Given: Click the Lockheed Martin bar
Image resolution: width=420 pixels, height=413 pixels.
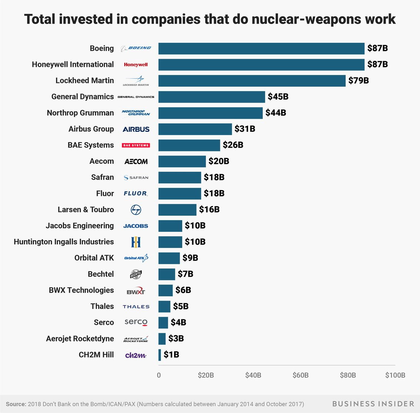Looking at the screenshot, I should pyautogui.click(x=252, y=80).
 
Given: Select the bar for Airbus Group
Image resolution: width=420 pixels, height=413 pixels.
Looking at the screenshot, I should pyautogui.click(x=195, y=129).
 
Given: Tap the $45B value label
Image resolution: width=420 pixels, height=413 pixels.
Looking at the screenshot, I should pyautogui.click(x=278, y=97).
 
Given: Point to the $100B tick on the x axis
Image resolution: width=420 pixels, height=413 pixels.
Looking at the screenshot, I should pyautogui.click(x=395, y=375).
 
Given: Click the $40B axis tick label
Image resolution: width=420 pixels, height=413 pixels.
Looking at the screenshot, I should pyautogui.click(x=253, y=375).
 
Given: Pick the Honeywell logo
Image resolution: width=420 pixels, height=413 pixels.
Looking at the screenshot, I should pyautogui.click(x=136, y=65).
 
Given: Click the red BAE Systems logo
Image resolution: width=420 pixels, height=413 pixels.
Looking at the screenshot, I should pyautogui.click(x=136, y=145).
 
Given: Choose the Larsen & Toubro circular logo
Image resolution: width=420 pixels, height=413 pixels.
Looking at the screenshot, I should pyautogui.click(x=136, y=210).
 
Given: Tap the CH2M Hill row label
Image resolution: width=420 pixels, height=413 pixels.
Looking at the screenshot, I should pyautogui.click(x=96, y=355).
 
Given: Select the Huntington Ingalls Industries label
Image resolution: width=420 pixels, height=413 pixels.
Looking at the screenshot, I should pyautogui.click(x=64, y=242).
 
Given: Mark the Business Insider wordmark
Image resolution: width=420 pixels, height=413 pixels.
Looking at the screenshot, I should pyautogui.click(x=373, y=404).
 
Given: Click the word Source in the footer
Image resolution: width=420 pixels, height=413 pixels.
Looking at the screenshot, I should pyautogui.click(x=16, y=404).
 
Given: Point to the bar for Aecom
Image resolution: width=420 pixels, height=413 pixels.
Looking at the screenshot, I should pyautogui.click(x=182, y=161).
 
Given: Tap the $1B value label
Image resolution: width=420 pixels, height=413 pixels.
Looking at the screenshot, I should pyautogui.click(x=171, y=355).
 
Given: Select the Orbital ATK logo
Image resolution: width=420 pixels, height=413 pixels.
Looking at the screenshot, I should pyautogui.click(x=136, y=258).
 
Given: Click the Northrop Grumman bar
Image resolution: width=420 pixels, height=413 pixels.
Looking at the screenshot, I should pyautogui.click(x=210, y=113).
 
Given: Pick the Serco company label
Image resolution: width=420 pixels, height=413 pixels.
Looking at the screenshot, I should pyautogui.click(x=104, y=323).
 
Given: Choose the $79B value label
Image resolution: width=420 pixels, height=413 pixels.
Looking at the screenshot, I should pyautogui.click(x=358, y=80).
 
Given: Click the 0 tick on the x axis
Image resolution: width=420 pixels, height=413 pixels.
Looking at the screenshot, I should pyautogui.click(x=159, y=375).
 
